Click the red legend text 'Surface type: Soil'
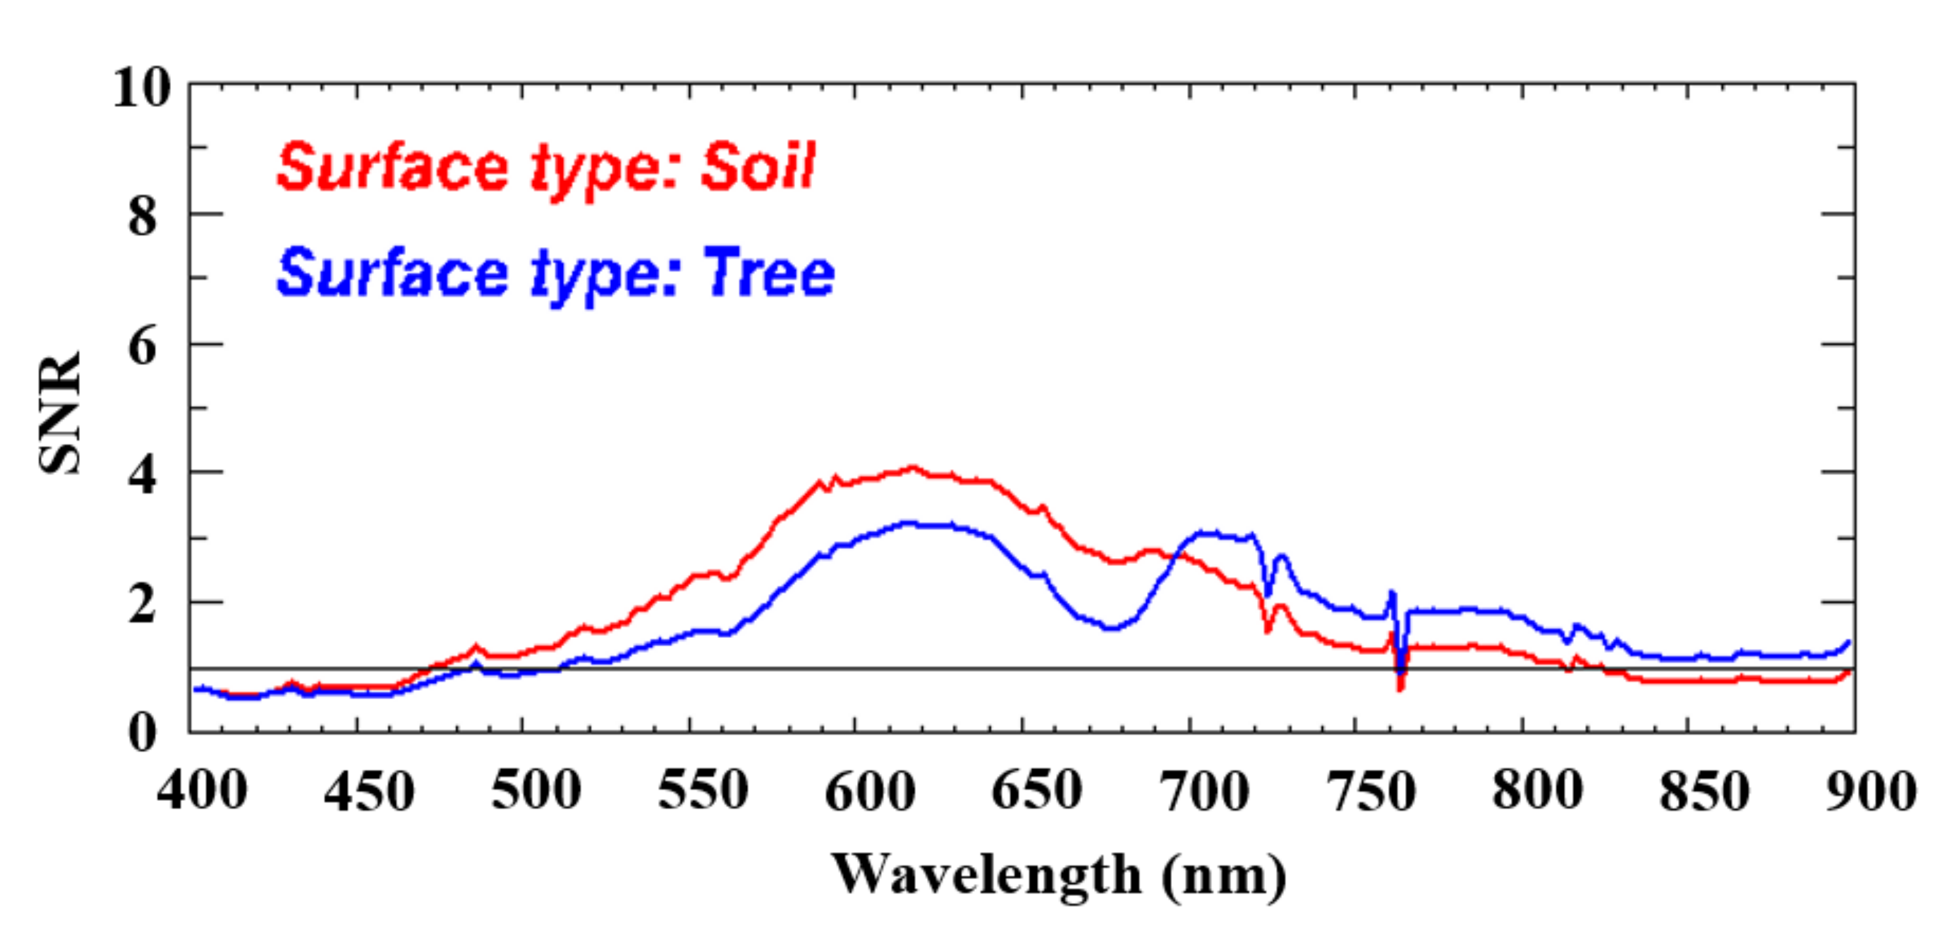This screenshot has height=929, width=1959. coord(546,167)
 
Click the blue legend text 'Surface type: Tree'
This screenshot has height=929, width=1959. coord(556,274)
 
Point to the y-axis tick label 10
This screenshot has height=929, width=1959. coord(141,88)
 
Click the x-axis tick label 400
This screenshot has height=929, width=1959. coord(202,791)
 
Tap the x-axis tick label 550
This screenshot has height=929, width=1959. coord(703,791)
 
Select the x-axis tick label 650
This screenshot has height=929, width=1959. coord(1036,791)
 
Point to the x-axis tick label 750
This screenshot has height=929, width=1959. coord(1370,791)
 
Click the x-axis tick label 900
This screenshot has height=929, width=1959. coord(1870,791)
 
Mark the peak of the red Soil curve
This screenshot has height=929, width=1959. coord(912,468)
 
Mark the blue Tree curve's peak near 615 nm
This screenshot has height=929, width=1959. coord(909,523)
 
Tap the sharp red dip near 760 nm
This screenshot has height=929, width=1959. coord(1400,688)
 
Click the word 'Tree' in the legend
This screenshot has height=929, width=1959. coord(768,274)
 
